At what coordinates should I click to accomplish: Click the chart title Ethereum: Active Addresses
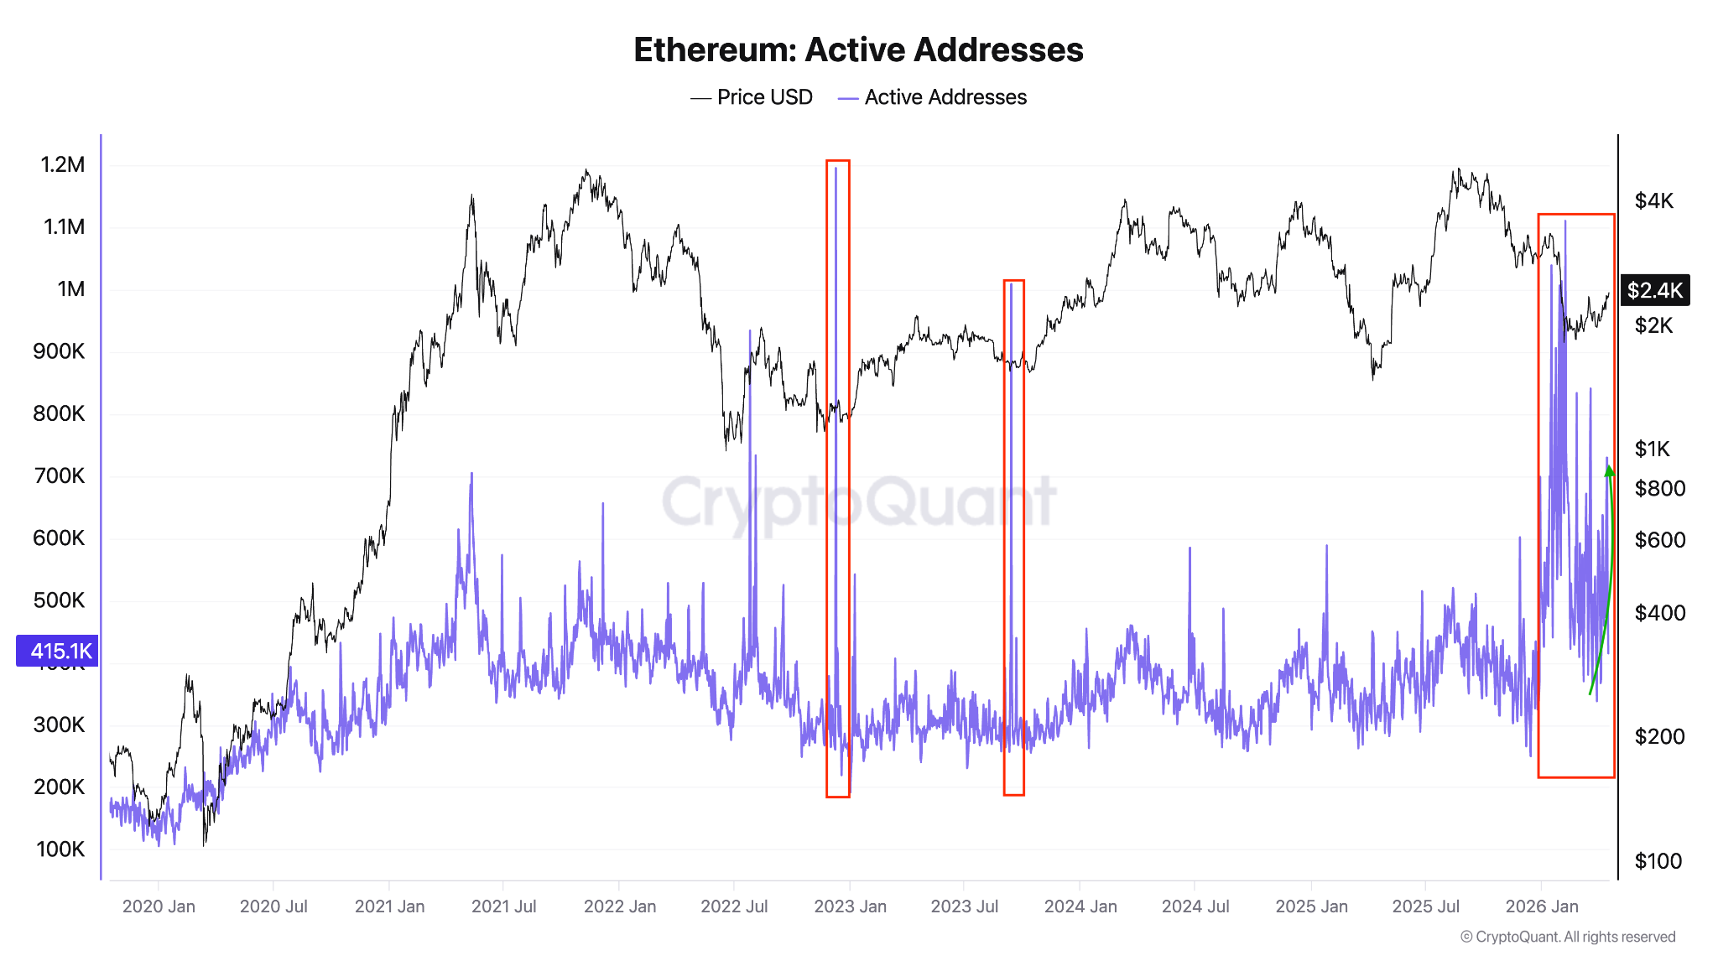pyautogui.click(x=858, y=50)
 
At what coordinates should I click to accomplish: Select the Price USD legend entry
pyautogui.click(x=752, y=97)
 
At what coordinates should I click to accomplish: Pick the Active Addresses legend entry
pyautogui.click(x=932, y=97)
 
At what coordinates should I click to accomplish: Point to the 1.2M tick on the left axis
pyautogui.click(x=63, y=165)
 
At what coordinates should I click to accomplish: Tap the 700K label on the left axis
pyautogui.click(x=59, y=476)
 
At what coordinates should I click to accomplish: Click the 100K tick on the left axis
pyautogui.click(x=60, y=849)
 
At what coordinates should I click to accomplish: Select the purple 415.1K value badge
pyautogui.click(x=58, y=651)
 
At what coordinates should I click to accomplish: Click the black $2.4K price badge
pyautogui.click(x=1654, y=290)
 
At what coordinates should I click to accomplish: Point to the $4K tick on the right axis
pyautogui.click(x=1653, y=201)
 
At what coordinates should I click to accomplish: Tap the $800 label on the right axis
pyautogui.click(x=1659, y=489)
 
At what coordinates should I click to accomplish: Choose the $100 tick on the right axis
pyautogui.click(x=1658, y=861)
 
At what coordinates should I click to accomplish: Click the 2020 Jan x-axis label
pyautogui.click(x=159, y=906)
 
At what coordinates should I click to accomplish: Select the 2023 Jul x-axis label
pyautogui.click(x=964, y=906)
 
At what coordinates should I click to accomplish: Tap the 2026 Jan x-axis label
pyautogui.click(x=1541, y=906)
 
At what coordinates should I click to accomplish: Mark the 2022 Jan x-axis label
pyautogui.click(x=619, y=906)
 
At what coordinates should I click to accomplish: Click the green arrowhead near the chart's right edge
pyautogui.click(x=1609, y=471)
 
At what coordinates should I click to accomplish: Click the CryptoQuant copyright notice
pyautogui.click(x=1567, y=937)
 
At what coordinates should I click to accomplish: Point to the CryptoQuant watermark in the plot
pyautogui.click(x=858, y=501)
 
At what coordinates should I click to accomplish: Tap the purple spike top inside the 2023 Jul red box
pyautogui.click(x=1012, y=285)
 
